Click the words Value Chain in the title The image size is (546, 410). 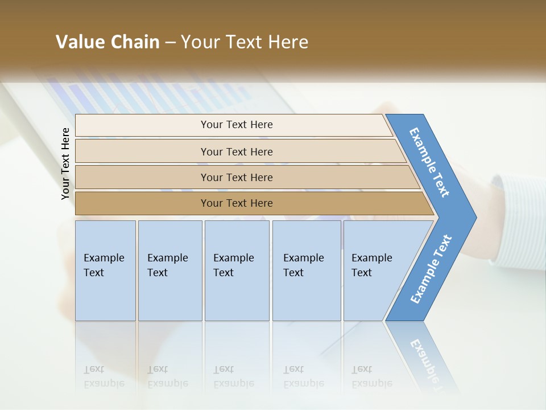107,42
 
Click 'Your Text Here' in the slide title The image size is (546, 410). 245,42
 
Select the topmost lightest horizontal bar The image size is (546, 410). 236,125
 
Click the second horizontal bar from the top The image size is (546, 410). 236,151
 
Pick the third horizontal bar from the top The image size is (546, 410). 236,177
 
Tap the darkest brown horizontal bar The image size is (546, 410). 236,203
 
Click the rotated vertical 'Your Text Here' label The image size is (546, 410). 65,163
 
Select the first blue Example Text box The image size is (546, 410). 105,270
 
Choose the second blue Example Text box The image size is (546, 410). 169,270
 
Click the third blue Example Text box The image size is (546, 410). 237,270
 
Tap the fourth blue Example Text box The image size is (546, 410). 306,270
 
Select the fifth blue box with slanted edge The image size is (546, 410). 375,270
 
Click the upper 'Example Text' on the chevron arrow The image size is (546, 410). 429,162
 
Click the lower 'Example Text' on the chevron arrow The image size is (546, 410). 431,269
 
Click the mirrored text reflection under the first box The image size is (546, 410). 104,376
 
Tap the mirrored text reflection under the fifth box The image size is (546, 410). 371,376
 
